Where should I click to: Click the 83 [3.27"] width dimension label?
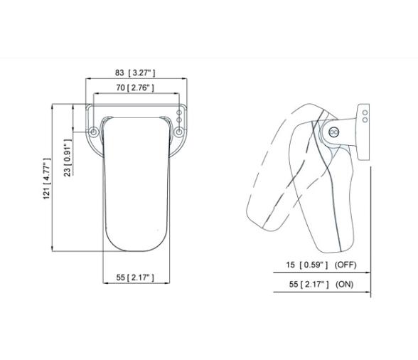tap(135, 73)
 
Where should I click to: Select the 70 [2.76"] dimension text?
tap(135, 88)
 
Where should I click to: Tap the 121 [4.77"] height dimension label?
tap(47, 179)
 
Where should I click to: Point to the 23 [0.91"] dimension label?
tap(68, 158)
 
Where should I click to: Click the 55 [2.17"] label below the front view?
tap(135, 277)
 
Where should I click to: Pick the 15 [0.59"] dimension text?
tap(307, 265)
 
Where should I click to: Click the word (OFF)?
tap(345, 265)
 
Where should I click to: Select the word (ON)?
tap(344, 284)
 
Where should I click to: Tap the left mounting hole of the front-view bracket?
tap(94, 132)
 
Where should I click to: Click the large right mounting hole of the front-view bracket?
tap(179, 132)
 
